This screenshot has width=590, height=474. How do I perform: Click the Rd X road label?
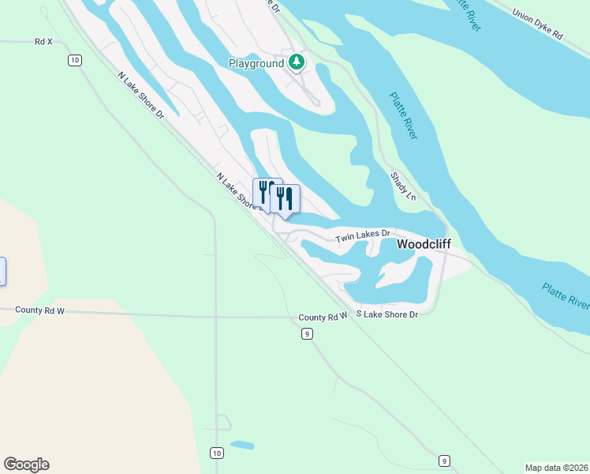43,41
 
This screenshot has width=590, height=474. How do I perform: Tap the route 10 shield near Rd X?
74,60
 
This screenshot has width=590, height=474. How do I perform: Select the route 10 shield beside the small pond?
216,453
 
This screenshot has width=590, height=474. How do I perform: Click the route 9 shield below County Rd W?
307,334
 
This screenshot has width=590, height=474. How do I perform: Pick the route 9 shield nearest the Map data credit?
445,461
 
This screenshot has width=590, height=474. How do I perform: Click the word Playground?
256,62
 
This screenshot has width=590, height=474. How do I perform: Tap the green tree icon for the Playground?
296,62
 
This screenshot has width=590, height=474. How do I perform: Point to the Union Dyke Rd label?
537,24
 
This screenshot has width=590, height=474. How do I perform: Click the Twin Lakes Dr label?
363,236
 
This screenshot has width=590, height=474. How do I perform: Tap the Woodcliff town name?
424,245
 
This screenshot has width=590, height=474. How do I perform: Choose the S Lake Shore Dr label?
386,314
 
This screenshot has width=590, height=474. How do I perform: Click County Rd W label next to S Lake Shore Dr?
323,317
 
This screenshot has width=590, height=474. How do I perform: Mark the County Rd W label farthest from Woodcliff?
39,311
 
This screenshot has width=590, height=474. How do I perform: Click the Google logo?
26,465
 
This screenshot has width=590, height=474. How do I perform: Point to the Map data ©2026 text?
556,467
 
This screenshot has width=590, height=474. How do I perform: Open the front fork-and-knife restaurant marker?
285,197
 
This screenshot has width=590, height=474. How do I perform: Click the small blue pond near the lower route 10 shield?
242,445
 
